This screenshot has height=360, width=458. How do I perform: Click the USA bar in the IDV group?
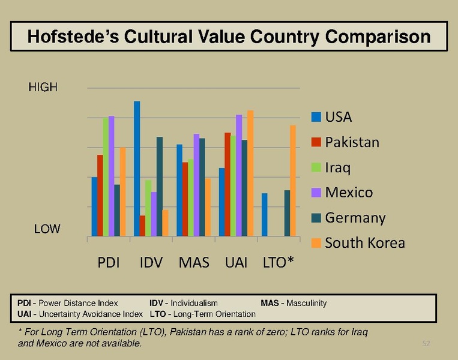pyautogui.click(x=137, y=169)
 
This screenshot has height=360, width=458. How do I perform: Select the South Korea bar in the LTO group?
pyautogui.click(x=293, y=181)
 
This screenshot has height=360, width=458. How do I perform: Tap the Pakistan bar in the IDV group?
pyautogui.click(x=142, y=226)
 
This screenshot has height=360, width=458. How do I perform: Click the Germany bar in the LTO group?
pyautogui.click(x=288, y=213)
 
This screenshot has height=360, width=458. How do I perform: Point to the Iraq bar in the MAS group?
pyautogui.click(x=191, y=197)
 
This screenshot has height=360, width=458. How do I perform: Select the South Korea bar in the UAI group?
pyautogui.click(x=250, y=173)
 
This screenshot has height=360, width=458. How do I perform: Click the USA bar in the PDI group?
pyautogui.click(x=94, y=206)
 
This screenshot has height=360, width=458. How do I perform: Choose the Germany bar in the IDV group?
pyautogui.click(x=160, y=187)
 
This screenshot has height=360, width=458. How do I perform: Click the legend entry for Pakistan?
pyautogui.click(x=352, y=142)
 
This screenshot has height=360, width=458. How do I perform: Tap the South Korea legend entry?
pyautogui.click(x=364, y=243)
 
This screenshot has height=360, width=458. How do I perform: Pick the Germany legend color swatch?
pyautogui.click(x=316, y=218)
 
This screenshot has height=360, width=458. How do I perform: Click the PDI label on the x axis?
pyautogui.click(x=109, y=262)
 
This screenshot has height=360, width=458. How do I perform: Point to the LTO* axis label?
pyautogui.click(x=279, y=262)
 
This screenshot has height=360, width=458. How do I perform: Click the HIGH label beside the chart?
pyautogui.click(x=43, y=88)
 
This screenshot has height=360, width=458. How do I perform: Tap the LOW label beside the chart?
pyautogui.click(x=46, y=229)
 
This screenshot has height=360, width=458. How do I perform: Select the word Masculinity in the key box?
pyautogui.click(x=306, y=303)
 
